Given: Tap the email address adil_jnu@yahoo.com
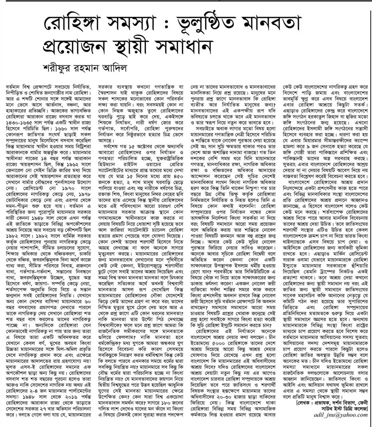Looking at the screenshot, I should [x=341, y=415].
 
